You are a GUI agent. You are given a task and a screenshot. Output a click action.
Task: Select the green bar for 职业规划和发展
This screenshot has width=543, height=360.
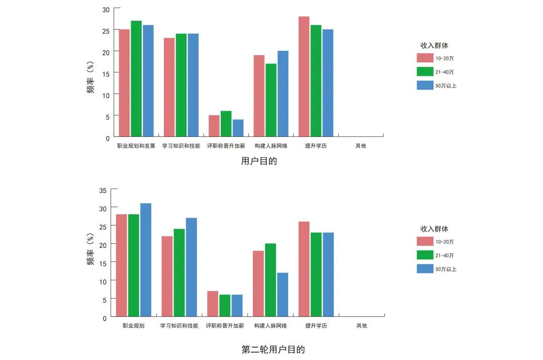pos(136,78)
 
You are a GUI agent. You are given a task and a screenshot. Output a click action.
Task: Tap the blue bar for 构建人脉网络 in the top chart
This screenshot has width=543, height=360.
pos(283,94)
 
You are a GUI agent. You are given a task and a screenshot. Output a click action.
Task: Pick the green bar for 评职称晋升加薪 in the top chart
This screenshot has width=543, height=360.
pos(226,124)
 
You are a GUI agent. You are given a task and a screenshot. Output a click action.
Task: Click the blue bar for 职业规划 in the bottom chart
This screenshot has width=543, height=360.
pos(146,259)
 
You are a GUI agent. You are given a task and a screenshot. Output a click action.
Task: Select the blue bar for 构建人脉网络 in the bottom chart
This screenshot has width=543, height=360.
pos(283,294)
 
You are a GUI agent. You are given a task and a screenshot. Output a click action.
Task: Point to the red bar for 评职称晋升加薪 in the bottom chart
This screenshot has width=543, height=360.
pos(213,303)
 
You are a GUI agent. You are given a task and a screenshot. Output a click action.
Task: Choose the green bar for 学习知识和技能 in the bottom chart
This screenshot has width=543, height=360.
pos(179,272)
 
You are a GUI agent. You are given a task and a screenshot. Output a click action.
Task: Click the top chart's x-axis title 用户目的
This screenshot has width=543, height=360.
pos(259,161)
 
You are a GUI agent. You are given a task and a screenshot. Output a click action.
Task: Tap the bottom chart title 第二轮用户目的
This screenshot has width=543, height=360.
pos(273,349)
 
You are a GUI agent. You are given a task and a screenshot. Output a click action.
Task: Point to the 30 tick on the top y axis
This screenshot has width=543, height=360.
pos(105,9)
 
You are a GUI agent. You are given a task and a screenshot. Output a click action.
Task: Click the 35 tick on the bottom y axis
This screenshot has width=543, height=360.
pos(103,191)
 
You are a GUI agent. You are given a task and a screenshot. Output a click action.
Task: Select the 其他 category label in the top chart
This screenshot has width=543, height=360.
pos(361,146)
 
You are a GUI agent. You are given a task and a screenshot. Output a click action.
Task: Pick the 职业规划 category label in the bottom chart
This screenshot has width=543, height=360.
pos(134,326)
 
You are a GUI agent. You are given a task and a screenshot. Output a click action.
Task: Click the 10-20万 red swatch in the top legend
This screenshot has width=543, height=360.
pos(425,58)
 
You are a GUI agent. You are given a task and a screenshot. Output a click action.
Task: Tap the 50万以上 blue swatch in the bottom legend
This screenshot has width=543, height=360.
pos(425,269)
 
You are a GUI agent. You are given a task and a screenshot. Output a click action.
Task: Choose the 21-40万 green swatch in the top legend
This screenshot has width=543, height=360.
pos(425,72)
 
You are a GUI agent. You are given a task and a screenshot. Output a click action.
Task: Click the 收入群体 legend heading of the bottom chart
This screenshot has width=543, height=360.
pos(434,229)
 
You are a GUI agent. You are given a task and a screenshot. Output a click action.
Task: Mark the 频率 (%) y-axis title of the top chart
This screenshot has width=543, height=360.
pos(91,80)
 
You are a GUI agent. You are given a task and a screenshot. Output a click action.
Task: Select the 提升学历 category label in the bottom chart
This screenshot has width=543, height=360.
pos(316,326)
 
